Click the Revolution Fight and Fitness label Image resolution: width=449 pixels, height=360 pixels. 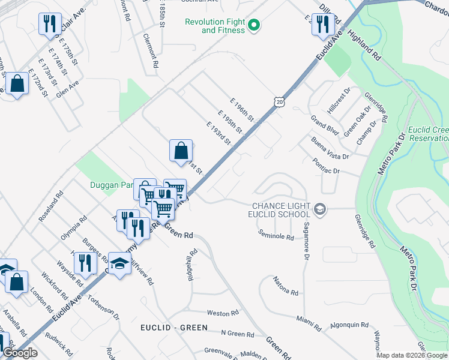pos(215,26)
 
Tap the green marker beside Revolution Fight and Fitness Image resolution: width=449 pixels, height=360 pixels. pos(254,25)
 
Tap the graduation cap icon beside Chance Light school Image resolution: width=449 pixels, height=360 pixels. pos(320,209)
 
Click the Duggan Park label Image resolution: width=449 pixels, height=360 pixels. pos(111,185)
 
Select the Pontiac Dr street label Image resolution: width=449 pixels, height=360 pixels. pos(327,167)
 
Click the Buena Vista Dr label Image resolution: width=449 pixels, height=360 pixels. pos(330,149)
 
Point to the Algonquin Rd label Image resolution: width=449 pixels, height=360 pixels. pos(349,325)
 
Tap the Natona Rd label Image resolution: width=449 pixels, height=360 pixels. pos(286,284)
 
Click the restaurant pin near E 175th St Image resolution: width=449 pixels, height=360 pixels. pos(49,25)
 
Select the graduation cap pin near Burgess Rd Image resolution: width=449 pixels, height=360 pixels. pos(120,263)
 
